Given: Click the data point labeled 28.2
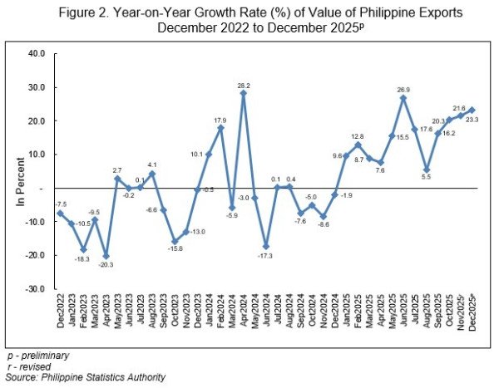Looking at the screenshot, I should (243, 93).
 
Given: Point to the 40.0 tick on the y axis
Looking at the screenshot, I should (37, 53).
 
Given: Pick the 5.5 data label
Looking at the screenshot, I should (425, 179).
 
